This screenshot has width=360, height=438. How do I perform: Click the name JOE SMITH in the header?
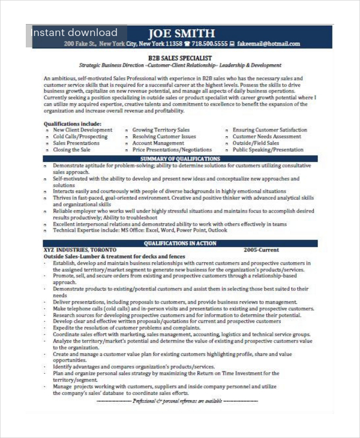pyautogui.click(x=180, y=32)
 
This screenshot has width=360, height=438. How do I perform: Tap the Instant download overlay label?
pyautogui.click(x=74, y=32)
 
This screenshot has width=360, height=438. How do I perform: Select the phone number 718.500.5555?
pyautogui.click(x=209, y=44)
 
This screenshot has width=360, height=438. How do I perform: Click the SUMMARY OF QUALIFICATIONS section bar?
pyautogui.click(x=180, y=158)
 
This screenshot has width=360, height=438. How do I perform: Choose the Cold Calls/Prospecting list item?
pyautogui.click(x=80, y=137)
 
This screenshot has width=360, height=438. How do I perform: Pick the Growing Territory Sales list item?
pyautogui.click(x=161, y=130)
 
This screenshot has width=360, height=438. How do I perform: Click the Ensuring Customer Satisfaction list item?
pyautogui.click(x=269, y=130)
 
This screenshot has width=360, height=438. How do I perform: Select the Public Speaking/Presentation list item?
pyautogui.click(x=268, y=150)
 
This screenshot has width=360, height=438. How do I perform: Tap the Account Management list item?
pyautogui.click(x=158, y=143)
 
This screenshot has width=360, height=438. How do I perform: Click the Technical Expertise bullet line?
pyautogui.click(x=140, y=230)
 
